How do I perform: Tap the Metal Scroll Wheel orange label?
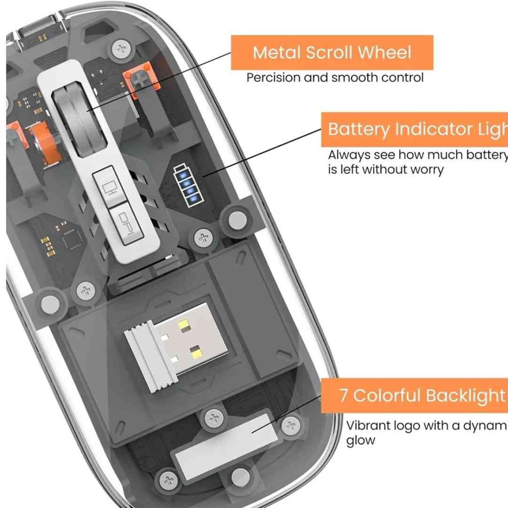point(332,52)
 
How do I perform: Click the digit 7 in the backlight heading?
point(344,395)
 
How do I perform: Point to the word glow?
point(361,441)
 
